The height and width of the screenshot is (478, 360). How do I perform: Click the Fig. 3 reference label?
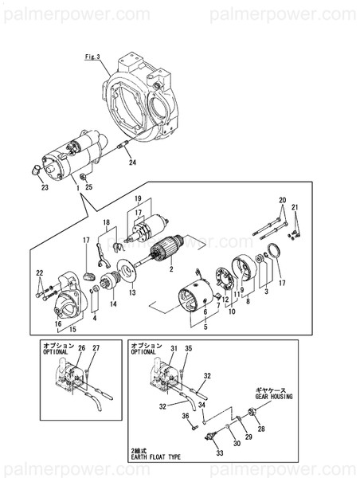92,57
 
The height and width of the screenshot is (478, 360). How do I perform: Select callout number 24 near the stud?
132,163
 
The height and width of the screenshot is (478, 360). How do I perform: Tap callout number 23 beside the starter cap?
45,188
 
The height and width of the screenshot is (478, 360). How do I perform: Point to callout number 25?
89,187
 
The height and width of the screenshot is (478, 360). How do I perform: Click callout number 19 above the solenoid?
137,198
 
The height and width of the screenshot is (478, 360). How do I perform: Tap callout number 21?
296,208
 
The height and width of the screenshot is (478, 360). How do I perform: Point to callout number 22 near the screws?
40,273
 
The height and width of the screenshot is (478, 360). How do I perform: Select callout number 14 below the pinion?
113,304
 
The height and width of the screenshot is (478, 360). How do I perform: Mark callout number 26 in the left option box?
80,347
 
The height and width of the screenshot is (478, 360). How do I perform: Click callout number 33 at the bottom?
221,453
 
